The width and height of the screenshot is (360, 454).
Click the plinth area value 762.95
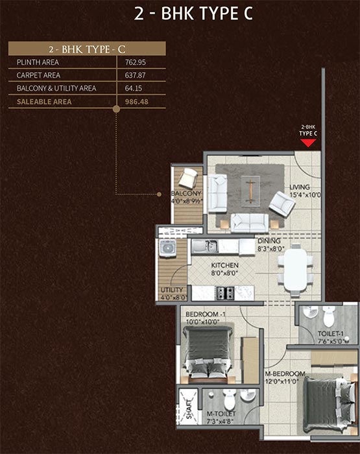tap(136, 62)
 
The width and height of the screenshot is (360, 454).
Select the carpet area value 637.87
tap(135, 75)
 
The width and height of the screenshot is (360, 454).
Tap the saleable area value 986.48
tap(136, 102)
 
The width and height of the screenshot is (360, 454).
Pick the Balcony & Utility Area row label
tap(56, 88)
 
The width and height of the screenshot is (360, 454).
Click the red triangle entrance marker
tap(308, 143)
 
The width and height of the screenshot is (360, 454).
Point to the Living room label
tap(300, 187)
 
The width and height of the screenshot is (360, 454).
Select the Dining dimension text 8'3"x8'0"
tap(271, 248)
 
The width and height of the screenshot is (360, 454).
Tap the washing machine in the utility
tap(167, 248)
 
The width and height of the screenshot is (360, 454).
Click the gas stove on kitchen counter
tap(226, 293)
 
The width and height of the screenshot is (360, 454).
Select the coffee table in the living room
tap(250, 191)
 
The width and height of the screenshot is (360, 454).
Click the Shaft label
tap(189, 409)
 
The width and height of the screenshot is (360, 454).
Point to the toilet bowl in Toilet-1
tap(329, 317)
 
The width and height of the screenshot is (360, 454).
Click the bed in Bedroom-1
tap(208, 355)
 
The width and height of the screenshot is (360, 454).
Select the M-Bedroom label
tap(285, 374)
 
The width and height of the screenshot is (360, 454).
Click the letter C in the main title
tap(248, 14)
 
